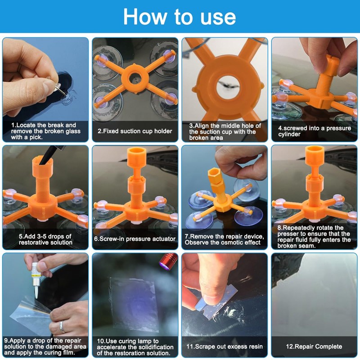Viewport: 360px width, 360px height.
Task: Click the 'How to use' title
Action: pyautogui.click(x=180, y=17)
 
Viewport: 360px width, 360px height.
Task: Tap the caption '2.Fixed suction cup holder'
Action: pyautogui.click(x=135, y=131)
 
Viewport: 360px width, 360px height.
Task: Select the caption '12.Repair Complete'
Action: pyautogui.click(x=314, y=346)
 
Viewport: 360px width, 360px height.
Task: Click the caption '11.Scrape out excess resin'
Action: pyautogui.click(x=224, y=346)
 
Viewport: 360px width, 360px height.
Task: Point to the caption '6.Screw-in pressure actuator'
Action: pyautogui.click(x=135, y=239)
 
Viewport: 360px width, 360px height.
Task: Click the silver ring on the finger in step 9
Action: pyautogui.click(x=62, y=326)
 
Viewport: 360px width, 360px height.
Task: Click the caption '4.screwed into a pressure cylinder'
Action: pyautogui.click(x=314, y=131)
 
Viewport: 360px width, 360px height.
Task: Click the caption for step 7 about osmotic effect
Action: pyautogui.click(x=224, y=239)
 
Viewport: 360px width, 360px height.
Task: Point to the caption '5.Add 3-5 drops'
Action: pyautogui.click(x=45, y=239)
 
